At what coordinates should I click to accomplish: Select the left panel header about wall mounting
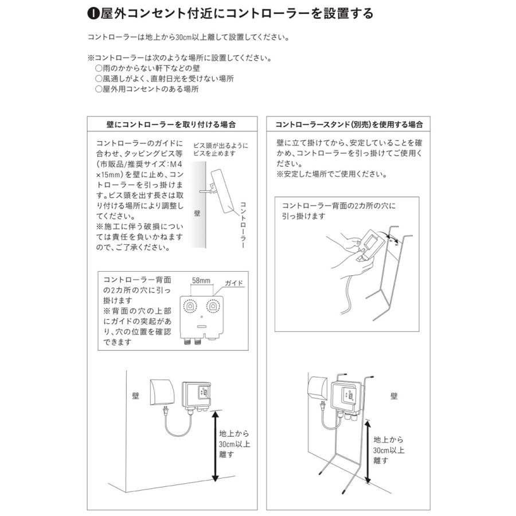point(171,124)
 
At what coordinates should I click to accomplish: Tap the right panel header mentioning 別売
point(349,124)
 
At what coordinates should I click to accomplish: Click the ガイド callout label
point(233,283)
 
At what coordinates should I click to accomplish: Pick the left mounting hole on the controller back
point(189,307)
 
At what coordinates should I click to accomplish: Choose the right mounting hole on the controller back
point(213,307)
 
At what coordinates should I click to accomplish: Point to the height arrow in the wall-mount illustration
point(215,447)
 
